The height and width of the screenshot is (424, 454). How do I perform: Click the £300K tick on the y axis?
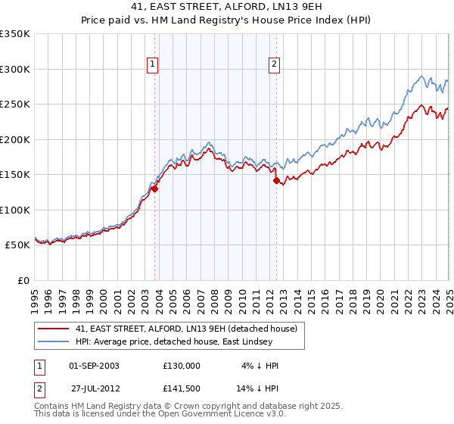pos(15,69)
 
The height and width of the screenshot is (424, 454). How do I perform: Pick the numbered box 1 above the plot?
pos(152,65)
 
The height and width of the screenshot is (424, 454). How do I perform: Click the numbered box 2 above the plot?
pos(273,65)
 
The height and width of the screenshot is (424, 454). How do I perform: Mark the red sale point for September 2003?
pos(154,189)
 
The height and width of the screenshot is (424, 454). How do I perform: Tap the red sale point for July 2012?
pos(276,181)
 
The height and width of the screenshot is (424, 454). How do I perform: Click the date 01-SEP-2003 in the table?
pos(94,366)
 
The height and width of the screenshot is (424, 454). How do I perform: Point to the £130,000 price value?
pos(182,366)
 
